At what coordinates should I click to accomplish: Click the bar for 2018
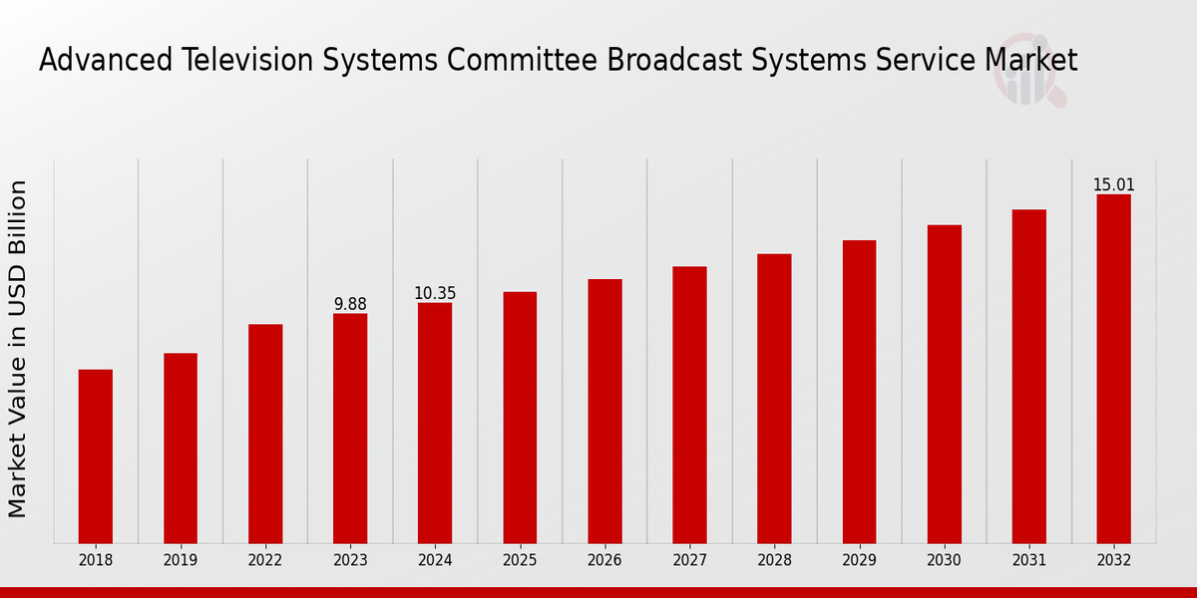point(96,456)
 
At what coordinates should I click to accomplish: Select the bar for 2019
point(181,448)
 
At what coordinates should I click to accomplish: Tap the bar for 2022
point(265,434)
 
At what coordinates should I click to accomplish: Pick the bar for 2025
point(520,418)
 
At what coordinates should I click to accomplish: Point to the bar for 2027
point(689,405)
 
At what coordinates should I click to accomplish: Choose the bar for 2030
point(944,384)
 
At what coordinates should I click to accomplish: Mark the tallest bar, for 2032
point(1113,369)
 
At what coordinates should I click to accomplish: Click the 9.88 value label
point(350,304)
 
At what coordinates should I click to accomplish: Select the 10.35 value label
point(435,293)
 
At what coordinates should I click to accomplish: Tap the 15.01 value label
point(1113,185)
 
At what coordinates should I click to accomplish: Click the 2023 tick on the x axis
point(350,561)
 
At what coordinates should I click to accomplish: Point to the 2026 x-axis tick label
point(604,561)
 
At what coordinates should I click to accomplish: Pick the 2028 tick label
point(774,561)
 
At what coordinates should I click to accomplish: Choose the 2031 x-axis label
point(1028,561)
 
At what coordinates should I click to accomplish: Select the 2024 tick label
point(435,561)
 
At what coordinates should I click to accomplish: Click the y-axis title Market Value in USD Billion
point(18,349)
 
